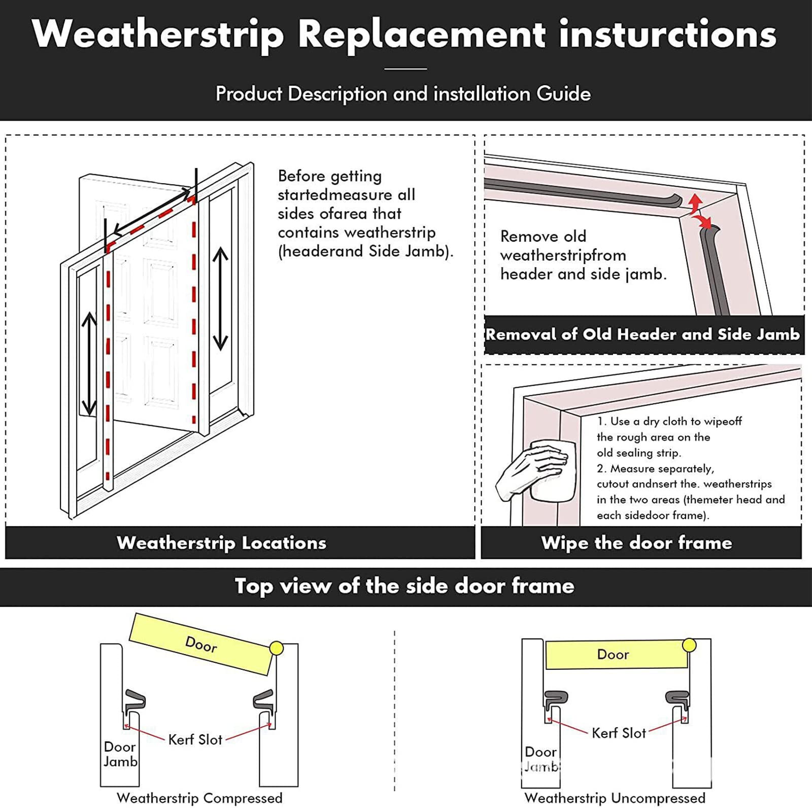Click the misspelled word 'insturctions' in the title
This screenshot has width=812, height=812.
click(x=667, y=35)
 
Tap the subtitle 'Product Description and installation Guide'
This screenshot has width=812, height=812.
click(x=403, y=94)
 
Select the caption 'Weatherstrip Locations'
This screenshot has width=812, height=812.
click(x=221, y=543)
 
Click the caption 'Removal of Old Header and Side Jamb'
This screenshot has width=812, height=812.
click(x=642, y=334)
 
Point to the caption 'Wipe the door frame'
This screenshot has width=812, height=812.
click(x=636, y=543)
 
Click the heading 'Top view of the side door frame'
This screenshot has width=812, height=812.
click(x=404, y=586)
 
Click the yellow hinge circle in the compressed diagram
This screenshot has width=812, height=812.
click(x=277, y=648)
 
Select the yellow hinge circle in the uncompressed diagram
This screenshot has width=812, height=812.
click(x=689, y=645)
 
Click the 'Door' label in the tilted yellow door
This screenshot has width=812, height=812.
click(x=201, y=645)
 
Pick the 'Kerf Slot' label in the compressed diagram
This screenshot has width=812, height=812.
click(x=195, y=739)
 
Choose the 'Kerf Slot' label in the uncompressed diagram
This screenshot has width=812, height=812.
click(x=619, y=733)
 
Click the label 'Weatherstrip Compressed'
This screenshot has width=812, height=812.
click(x=199, y=798)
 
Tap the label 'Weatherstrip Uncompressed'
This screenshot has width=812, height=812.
click(x=615, y=798)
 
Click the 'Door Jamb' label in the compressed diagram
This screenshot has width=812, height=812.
click(x=120, y=754)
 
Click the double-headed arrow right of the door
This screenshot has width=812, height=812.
click(x=220, y=298)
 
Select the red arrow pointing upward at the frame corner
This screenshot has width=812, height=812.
click(x=695, y=201)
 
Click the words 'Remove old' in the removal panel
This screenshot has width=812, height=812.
click(x=543, y=236)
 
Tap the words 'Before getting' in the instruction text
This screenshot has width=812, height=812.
click(x=329, y=176)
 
